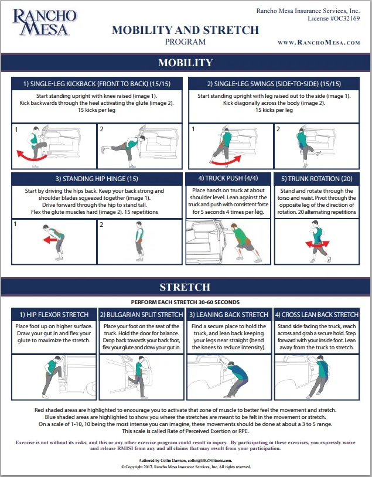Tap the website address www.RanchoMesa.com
tap(319, 43)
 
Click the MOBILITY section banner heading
tap(185, 63)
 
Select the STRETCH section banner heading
tap(185, 287)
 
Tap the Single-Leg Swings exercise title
tap(274, 84)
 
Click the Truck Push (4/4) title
tap(228, 179)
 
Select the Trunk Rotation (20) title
tap(317, 179)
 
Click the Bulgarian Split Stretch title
tap(141, 315)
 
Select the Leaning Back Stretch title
tap(229, 315)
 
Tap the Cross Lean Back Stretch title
tap(317, 315)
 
